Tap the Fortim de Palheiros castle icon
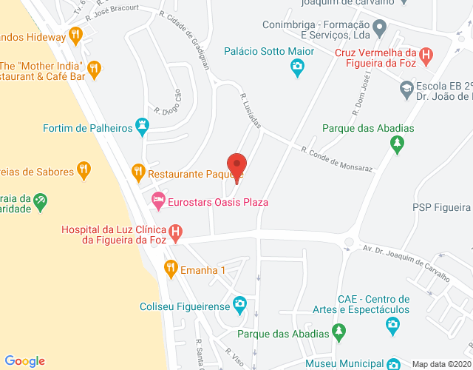[x=142, y=128]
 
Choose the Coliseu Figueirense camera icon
[x=239, y=303]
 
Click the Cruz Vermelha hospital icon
[x=426, y=55]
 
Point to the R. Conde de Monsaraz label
[x=336, y=159]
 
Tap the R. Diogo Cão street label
[x=168, y=101]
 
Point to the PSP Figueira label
[x=441, y=207]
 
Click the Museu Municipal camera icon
[x=394, y=363]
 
